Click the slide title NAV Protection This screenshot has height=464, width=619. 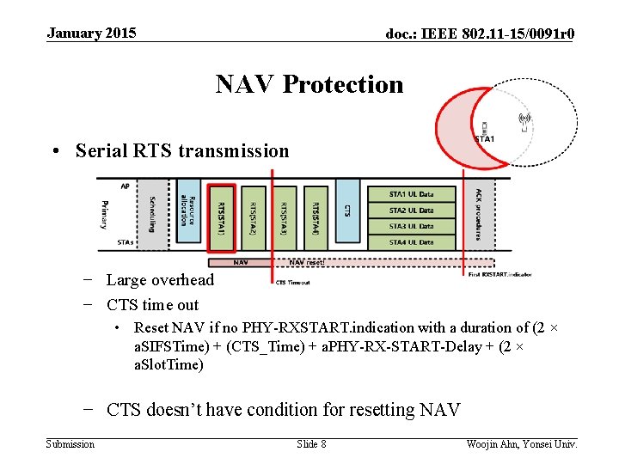point(309,84)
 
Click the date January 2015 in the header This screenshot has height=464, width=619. point(91,34)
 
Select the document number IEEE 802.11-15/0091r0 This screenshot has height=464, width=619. point(480,34)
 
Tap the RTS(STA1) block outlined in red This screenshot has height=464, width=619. point(222,218)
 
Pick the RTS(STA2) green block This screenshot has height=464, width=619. point(254,218)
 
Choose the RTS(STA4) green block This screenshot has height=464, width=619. point(316,218)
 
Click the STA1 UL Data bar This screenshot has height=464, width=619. point(412,194)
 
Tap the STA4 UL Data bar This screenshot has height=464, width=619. point(412,242)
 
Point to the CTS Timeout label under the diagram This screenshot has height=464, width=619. point(292,282)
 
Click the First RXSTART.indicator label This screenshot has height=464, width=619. point(499,274)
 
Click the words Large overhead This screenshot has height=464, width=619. point(160,279)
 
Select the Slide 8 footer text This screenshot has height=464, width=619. point(311,443)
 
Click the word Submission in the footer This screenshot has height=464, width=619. point(70,443)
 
